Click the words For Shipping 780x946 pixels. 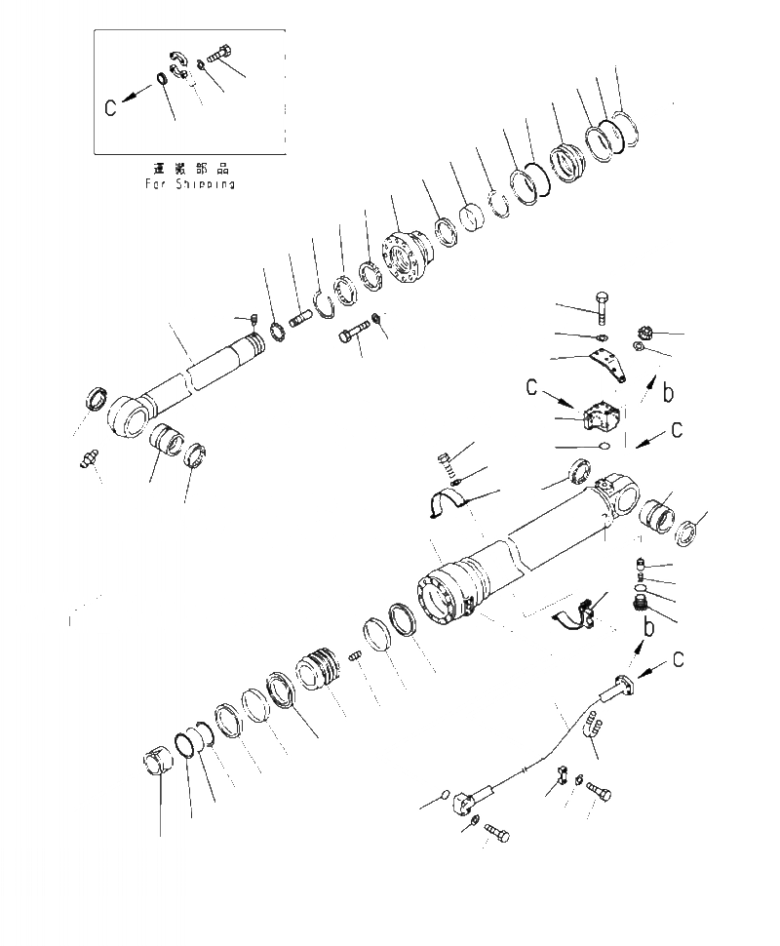pyautogui.click(x=189, y=182)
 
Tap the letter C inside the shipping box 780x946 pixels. pyautogui.click(x=111, y=106)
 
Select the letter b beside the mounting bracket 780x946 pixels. pyautogui.click(x=667, y=395)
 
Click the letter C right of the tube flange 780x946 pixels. pyautogui.click(x=678, y=660)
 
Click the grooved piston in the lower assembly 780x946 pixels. pyautogui.click(x=323, y=670)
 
